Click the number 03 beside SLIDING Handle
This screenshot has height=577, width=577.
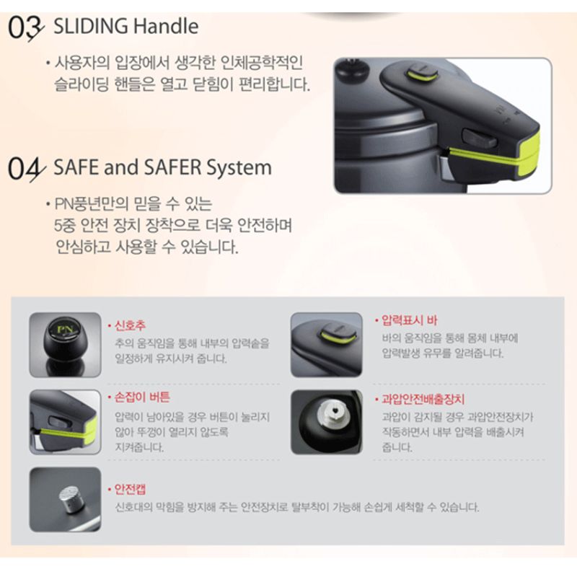26,28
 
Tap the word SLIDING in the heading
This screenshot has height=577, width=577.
91,26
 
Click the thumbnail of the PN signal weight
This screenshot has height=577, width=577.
65,345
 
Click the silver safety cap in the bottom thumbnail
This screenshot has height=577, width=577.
70,499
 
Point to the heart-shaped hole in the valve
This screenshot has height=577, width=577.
335,411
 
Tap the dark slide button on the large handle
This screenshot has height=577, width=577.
480,139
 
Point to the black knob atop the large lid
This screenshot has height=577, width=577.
353,70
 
